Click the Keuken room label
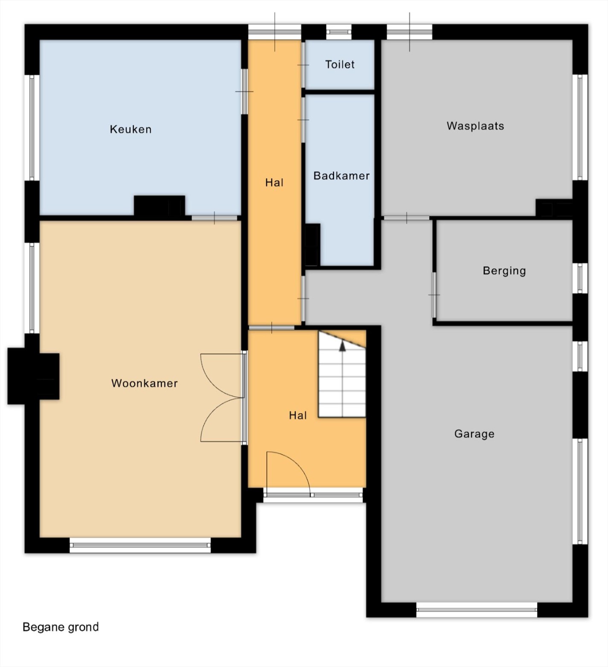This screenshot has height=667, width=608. click(x=131, y=129)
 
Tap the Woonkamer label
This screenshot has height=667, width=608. click(x=145, y=383)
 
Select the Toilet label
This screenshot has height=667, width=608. click(x=340, y=64)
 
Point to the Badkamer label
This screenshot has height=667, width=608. click(x=341, y=176)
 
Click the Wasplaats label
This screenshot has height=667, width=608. click(x=475, y=126)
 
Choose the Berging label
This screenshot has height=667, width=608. click(x=504, y=271)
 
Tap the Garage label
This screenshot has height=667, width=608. click(x=474, y=434)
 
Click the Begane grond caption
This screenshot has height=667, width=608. click(x=61, y=627)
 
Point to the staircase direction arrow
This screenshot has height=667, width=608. click(x=342, y=346)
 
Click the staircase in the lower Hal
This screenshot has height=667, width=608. click(x=342, y=374)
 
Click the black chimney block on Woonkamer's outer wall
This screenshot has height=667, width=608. click(x=33, y=376)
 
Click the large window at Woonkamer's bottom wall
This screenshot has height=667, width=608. click(x=140, y=545)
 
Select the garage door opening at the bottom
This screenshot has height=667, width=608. click(x=477, y=610)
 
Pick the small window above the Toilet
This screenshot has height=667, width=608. click(x=339, y=32)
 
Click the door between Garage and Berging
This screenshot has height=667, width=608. click(x=434, y=295)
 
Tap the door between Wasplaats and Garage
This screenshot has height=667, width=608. click(x=407, y=218)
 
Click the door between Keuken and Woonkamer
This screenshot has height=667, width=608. click(x=214, y=218)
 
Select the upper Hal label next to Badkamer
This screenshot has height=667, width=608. click(x=274, y=183)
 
